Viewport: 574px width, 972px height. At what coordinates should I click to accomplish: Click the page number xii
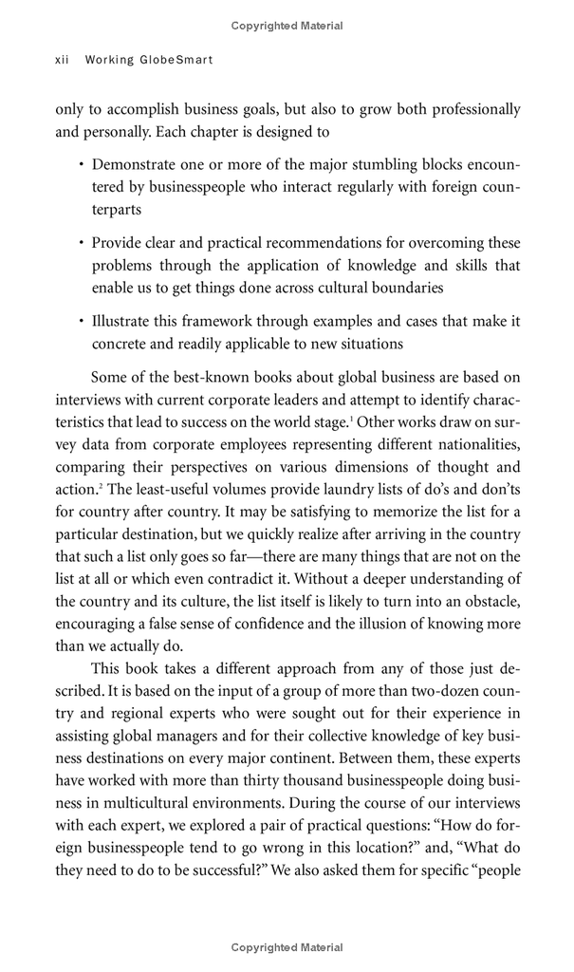pos(64,60)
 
